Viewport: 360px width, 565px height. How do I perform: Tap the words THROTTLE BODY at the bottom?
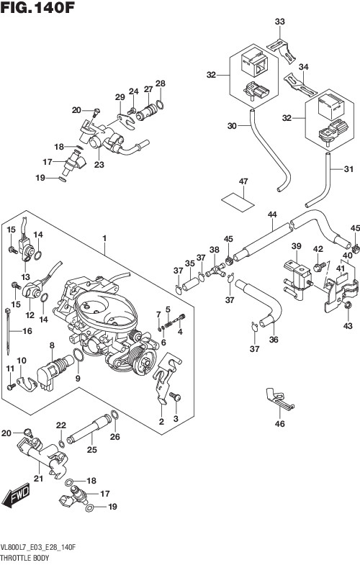tap(25, 558)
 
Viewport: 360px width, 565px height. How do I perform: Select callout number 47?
tap(243, 181)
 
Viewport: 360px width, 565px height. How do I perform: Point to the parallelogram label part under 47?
tap(238, 200)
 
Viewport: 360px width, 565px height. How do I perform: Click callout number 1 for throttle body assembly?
tap(104, 238)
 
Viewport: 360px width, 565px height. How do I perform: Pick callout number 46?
tap(279, 423)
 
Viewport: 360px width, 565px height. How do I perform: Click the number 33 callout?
tap(279, 22)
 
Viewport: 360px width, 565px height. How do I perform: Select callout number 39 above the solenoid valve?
tap(296, 246)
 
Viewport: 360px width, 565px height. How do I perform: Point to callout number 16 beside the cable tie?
tap(27, 330)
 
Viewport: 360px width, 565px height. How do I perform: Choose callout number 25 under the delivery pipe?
tap(92, 449)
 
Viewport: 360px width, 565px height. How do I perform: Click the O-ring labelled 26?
tap(114, 415)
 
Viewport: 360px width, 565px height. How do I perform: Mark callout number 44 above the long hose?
tap(272, 214)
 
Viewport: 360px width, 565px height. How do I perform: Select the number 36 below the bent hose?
tap(274, 340)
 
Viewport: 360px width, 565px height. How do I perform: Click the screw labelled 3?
tap(176, 396)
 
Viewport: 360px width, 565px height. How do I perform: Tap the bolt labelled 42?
tap(318, 267)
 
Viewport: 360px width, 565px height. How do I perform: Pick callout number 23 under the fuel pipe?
tap(99, 165)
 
